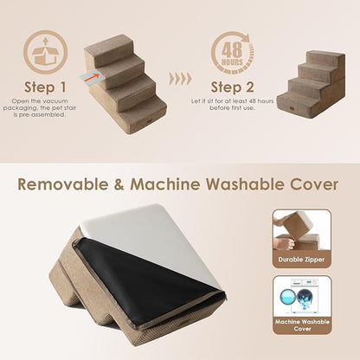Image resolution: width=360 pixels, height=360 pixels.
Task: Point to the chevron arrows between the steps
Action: (180, 78)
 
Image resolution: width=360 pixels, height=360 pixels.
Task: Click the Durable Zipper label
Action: (300, 259)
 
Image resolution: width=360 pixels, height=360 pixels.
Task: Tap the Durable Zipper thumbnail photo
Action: (300, 229)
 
